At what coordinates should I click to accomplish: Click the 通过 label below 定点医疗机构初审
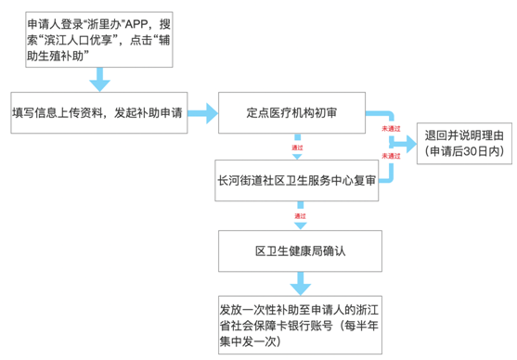coord(297,147)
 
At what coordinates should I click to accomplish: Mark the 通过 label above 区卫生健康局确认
coord(299,216)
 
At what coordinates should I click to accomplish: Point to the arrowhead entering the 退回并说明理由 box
coord(405,142)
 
